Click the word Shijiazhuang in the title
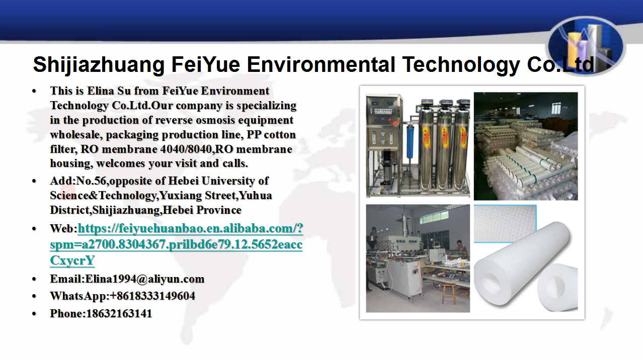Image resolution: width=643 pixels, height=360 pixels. point(99,65)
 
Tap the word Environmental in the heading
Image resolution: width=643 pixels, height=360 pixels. point(320,64)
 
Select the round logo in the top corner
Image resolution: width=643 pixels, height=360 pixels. point(586,46)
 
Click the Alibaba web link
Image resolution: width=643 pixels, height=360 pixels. point(176,244)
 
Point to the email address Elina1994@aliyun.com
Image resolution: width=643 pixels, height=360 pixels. point(145,279)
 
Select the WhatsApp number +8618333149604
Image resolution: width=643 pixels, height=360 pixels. point(152,296)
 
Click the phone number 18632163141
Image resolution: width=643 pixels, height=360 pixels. point(119,313)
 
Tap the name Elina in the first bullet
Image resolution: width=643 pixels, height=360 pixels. point(101,91)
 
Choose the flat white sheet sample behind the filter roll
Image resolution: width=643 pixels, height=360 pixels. point(505,224)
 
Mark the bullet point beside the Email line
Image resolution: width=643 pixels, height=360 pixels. point(34,279)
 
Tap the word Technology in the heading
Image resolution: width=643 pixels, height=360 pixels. point(461,65)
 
